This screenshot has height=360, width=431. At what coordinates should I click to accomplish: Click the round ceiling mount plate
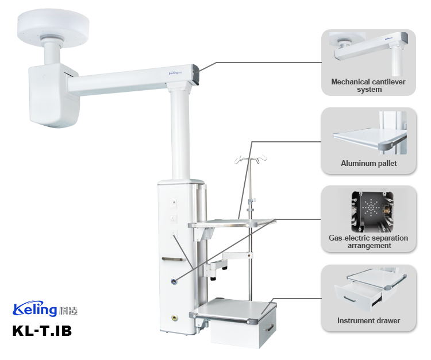tap(53, 27)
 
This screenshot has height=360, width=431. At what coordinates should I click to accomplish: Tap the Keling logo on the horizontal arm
tap(175, 73)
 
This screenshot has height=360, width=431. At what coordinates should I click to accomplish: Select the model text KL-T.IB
tap(42, 331)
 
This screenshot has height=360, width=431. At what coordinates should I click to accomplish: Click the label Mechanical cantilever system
tap(368, 86)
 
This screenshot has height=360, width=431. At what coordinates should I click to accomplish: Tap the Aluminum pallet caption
tap(368, 164)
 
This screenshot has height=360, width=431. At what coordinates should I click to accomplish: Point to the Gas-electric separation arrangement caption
tap(368, 242)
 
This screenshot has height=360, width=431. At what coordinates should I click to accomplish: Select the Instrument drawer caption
tap(368, 320)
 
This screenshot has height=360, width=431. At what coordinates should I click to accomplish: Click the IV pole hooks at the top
tap(251, 159)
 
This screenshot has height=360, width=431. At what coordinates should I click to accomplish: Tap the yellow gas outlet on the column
tap(174, 318)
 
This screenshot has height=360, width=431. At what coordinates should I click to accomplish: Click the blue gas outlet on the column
tap(174, 281)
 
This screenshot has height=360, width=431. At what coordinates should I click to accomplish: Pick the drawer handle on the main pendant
tap(270, 328)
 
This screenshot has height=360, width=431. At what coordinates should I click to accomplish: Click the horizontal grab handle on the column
tap(172, 259)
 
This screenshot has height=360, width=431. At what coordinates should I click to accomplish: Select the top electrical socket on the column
tap(174, 204)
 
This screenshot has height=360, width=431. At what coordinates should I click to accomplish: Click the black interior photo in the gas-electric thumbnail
tap(372, 212)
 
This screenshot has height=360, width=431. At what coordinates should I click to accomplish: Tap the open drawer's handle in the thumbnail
tap(350, 299)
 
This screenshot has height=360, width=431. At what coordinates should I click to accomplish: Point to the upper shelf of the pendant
tap(232, 223)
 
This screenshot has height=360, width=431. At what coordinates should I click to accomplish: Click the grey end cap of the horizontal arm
tap(195, 74)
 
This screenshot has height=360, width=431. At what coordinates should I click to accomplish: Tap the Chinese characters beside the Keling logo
tap(68, 311)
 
